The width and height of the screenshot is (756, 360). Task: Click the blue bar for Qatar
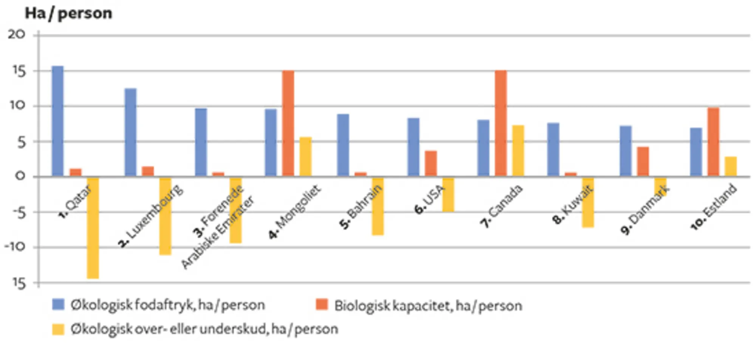(x=57, y=121)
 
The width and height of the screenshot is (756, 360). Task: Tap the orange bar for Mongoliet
(x=288, y=123)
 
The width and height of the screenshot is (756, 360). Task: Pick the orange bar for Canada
(x=501, y=123)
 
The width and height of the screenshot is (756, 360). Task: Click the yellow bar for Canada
(x=518, y=150)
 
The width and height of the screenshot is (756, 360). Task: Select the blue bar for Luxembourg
(x=130, y=132)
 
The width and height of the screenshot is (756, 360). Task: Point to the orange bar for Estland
(x=713, y=142)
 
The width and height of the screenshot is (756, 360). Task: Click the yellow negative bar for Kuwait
(x=588, y=202)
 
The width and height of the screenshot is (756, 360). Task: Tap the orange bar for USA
(x=431, y=163)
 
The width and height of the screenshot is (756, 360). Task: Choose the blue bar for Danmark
(x=626, y=151)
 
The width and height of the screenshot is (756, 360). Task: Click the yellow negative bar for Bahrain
(x=378, y=206)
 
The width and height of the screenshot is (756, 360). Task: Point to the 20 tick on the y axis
(x=17, y=35)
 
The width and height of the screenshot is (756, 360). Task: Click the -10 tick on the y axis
(x=15, y=247)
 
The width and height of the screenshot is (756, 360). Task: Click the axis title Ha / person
(x=68, y=13)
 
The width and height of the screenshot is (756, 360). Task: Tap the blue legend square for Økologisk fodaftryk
(x=58, y=304)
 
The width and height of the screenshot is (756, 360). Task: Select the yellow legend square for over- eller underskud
(x=58, y=329)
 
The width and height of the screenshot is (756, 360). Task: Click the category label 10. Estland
(x=713, y=207)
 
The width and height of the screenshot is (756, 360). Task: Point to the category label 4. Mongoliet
(x=294, y=212)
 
